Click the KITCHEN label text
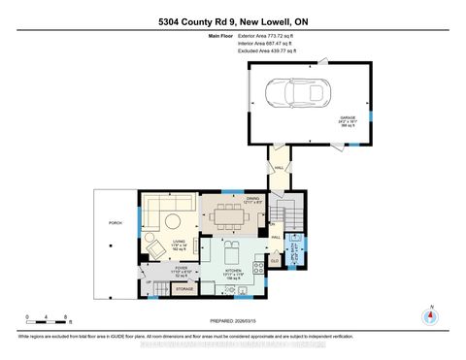233,271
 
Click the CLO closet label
275,259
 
